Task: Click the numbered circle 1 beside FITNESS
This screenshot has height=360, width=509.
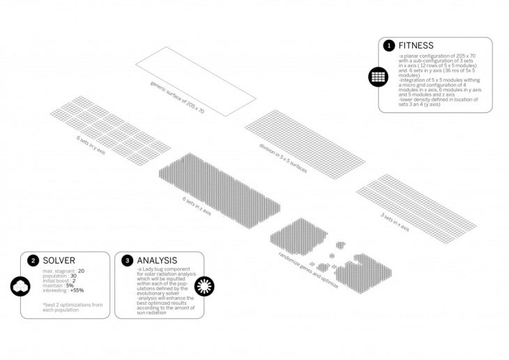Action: coord(389,45)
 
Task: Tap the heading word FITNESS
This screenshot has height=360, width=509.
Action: coord(416,45)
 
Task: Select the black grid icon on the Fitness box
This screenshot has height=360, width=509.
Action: coord(379,77)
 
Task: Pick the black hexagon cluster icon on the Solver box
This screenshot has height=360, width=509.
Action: coord(21,286)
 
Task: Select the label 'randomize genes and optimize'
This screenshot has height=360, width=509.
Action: coord(298,254)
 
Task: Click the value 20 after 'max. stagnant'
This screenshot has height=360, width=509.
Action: coord(81,271)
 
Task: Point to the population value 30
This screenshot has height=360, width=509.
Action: coord(73,276)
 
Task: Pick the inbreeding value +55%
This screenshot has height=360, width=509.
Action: coord(77,290)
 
